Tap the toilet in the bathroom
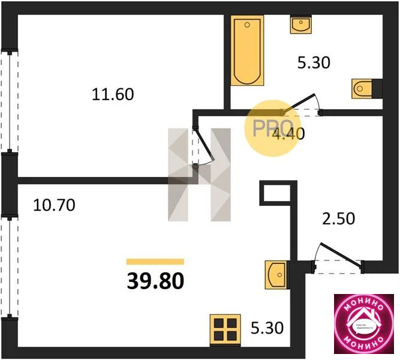[365, 88]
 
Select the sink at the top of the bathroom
[300, 25]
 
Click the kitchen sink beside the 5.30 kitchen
[276, 275]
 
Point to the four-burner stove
[225, 330]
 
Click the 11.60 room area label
[112, 94]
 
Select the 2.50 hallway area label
[339, 218]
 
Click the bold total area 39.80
[155, 280]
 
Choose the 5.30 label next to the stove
[267, 328]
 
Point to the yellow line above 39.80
[155, 262]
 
